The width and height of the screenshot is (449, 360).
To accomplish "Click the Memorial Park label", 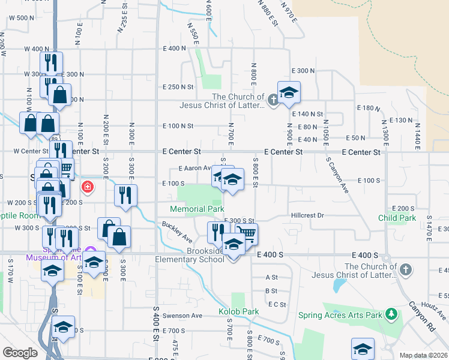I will point(197,209).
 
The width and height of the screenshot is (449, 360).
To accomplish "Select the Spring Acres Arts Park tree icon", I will point(392,314).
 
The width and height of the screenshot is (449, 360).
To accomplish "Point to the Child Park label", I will point(397,217).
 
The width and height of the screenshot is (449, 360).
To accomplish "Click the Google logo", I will point(20,353).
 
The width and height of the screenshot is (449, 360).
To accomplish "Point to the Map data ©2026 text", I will point(423,355).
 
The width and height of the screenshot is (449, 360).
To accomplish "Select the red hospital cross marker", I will point(88,187).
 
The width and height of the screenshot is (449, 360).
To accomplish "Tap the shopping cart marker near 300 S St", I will point(246,233).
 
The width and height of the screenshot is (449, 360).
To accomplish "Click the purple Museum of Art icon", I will point(91,250).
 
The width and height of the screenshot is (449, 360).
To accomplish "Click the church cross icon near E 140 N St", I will point(273,100).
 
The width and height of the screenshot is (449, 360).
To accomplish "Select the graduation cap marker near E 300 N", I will point(289,92).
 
